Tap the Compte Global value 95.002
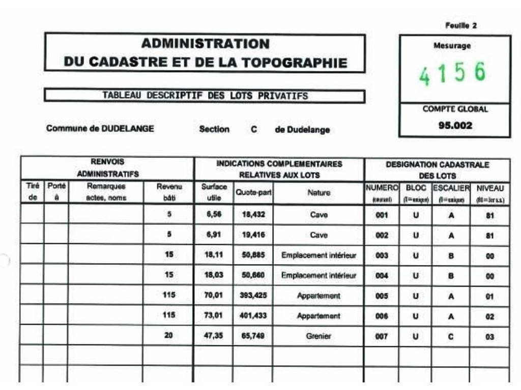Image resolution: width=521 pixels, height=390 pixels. tap(455, 125)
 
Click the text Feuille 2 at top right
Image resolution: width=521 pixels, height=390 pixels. tap(460, 25)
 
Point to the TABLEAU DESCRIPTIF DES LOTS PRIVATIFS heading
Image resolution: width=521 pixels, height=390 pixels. tap(205, 95)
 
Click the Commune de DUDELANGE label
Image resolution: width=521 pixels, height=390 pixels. tap(100, 128)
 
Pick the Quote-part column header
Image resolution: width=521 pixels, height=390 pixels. tap(253, 193)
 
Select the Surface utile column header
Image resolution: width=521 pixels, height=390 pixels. tap(214, 192)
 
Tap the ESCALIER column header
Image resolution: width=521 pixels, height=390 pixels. tap(451, 188)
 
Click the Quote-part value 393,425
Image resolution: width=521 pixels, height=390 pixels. tap(253, 295)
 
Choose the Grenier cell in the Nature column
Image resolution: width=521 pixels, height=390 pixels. tap(319, 336)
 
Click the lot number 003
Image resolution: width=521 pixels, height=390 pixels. tap(382, 255)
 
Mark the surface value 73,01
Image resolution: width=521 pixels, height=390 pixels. tap(214, 315)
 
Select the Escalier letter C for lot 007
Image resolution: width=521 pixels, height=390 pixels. tap(451, 336)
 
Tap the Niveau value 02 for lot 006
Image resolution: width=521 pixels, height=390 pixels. tap(489, 316)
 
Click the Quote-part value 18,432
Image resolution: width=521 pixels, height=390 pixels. tap(253, 215)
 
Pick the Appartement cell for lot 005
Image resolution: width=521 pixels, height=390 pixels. tap(319, 296)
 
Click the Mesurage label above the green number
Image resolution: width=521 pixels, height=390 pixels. tap(452, 46)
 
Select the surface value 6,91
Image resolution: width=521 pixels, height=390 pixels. tap(214, 235)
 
